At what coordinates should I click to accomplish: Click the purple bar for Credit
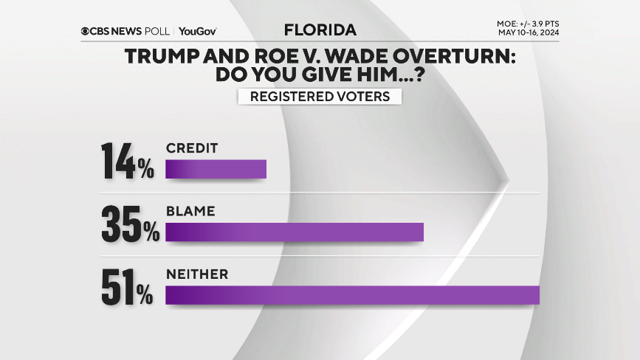(x=216, y=169)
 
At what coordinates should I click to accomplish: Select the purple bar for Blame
(x=295, y=232)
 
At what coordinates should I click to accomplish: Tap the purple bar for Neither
(x=353, y=295)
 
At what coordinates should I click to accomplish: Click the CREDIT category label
(x=191, y=148)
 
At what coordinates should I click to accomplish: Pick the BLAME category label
(x=190, y=211)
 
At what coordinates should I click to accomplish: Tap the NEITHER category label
(x=196, y=274)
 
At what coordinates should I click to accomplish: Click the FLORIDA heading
(x=320, y=30)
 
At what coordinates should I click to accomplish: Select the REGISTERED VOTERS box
(x=320, y=97)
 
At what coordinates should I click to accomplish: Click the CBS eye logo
(x=87, y=31)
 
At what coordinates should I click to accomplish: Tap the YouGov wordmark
(x=197, y=31)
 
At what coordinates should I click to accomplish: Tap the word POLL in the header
(x=155, y=31)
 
